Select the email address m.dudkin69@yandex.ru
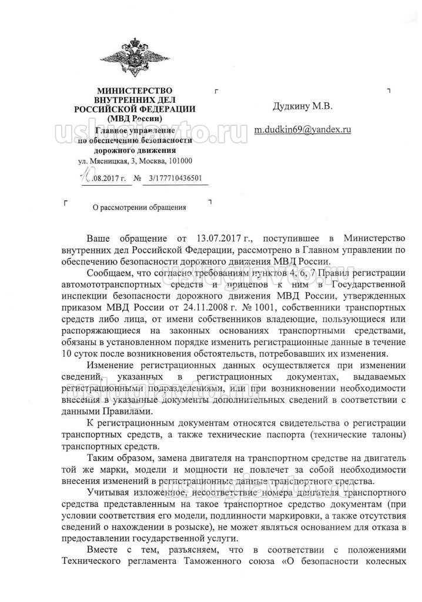[x=303, y=129]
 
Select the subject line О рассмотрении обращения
[x=140, y=206]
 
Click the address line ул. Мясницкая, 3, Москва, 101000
[x=135, y=160]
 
